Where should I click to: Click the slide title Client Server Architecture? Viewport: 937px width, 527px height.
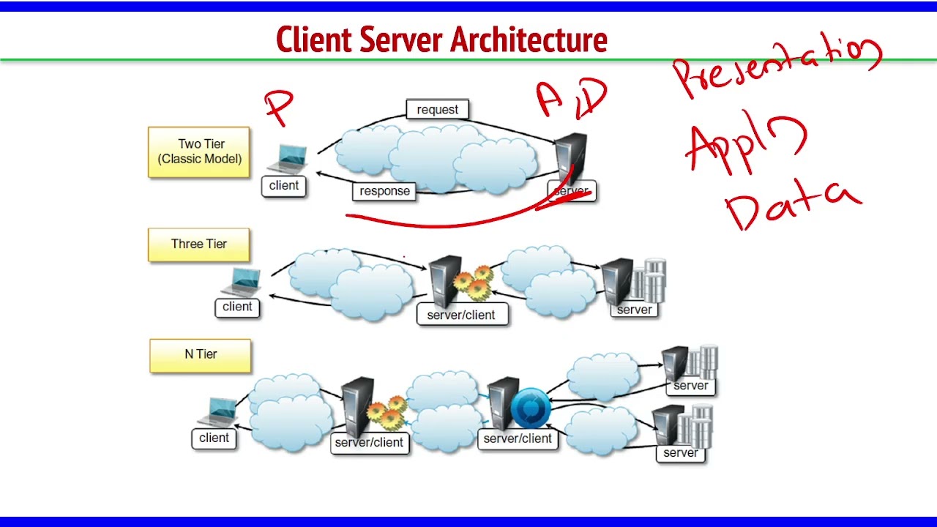click(x=441, y=40)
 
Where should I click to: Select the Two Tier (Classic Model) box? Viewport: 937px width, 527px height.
click(x=199, y=152)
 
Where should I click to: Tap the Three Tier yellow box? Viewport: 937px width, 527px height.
click(x=199, y=244)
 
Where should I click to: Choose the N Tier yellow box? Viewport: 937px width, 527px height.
click(x=201, y=355)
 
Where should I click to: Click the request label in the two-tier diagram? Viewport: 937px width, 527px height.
click(x=437, y=110)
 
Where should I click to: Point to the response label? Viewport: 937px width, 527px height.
click(x=384, y=191)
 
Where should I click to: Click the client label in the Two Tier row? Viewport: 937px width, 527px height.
click(x=284, y=186)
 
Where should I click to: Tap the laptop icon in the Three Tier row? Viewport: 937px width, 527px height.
click(x=242, y=282)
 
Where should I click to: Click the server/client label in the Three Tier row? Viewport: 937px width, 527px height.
click(x=461, y=315)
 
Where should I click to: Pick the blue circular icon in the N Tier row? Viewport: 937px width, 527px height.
click(x=530, y=408)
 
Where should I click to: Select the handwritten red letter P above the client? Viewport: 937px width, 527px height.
click(x=280, y=108)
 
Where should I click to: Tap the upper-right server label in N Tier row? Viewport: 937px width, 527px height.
click(x=690, y=386)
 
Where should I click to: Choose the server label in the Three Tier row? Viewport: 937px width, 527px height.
click(x=634, y=310)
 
